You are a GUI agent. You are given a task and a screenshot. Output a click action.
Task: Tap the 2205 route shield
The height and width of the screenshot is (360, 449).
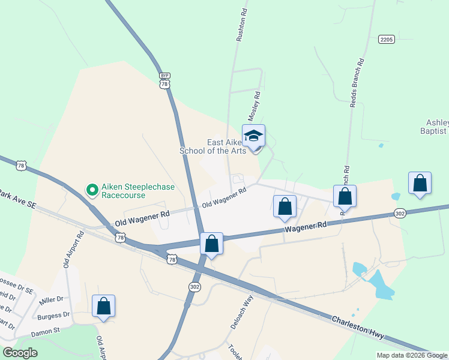387,40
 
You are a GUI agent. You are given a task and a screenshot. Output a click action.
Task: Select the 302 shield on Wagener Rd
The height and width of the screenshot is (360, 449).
401,213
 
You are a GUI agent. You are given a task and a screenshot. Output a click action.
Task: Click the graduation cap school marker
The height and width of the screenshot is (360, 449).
253,137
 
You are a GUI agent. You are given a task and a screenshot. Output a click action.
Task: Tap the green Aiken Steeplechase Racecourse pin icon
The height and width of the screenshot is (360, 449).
92,191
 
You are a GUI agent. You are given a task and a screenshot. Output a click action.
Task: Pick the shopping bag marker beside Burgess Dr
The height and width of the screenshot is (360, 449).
104,306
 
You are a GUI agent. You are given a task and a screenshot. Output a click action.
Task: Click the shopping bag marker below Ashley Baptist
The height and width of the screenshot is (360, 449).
420,184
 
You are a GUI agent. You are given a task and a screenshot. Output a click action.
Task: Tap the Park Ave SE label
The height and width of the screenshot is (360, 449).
17,199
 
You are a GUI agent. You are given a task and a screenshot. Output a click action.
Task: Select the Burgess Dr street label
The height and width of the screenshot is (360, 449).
53,315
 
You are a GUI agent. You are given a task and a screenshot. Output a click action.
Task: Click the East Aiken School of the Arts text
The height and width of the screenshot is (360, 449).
214,146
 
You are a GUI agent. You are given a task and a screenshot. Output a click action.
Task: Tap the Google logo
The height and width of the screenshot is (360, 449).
20,353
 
